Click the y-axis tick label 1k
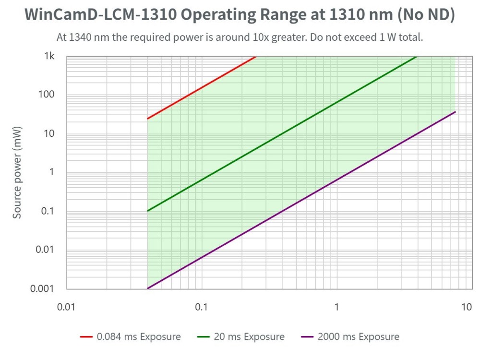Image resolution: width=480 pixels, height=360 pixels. tap(49, 57)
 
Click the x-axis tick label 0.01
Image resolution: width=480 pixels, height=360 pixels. tap(66, 307)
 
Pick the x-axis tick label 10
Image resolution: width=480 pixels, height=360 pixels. tap(466, 307)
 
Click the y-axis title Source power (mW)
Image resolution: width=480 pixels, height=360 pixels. tap(17, 173)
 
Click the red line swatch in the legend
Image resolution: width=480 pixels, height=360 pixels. tap(86, 336)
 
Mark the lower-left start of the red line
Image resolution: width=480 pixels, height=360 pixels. tap(147, 119)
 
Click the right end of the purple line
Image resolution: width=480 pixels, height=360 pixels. tap(455, 112)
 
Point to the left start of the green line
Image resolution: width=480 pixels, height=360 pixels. tap(147, 211)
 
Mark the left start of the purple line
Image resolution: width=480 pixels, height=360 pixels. tap(147, 288)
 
